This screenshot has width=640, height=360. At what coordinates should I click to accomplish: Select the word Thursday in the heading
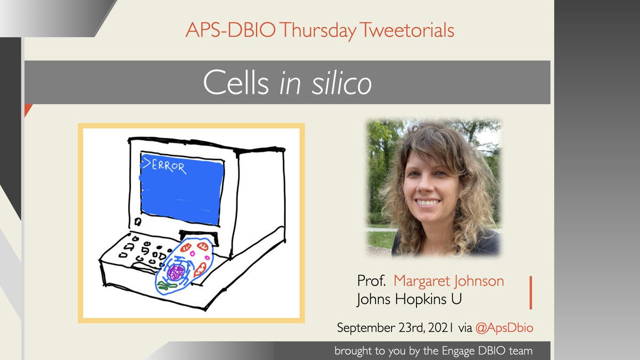(x=318, y=30)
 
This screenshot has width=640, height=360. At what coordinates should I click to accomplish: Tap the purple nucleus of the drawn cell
(x=175, y=273)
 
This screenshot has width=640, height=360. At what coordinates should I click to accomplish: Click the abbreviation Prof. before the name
(x=372, y=281)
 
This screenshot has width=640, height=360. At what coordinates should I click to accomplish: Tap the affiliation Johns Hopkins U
(x=409, y=299)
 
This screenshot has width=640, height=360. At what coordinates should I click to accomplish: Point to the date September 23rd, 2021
(x=395, y=328)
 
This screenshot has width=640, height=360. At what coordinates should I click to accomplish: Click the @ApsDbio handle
(x=504, y=328)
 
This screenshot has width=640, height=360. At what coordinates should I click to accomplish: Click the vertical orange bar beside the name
(x=531, y=292)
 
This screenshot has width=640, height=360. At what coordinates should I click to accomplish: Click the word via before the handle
(x=465, y=328)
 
